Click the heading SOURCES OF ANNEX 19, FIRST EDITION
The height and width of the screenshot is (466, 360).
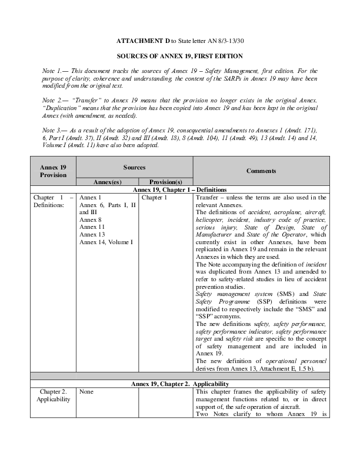[179, 56]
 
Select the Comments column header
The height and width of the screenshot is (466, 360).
[261, 171]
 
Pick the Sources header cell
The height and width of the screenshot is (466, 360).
[134, 168]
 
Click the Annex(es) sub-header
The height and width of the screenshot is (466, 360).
[107, 182]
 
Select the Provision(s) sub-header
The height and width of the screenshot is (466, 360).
[165, 182]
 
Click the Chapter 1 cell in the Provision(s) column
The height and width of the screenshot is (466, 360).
[155, 198]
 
